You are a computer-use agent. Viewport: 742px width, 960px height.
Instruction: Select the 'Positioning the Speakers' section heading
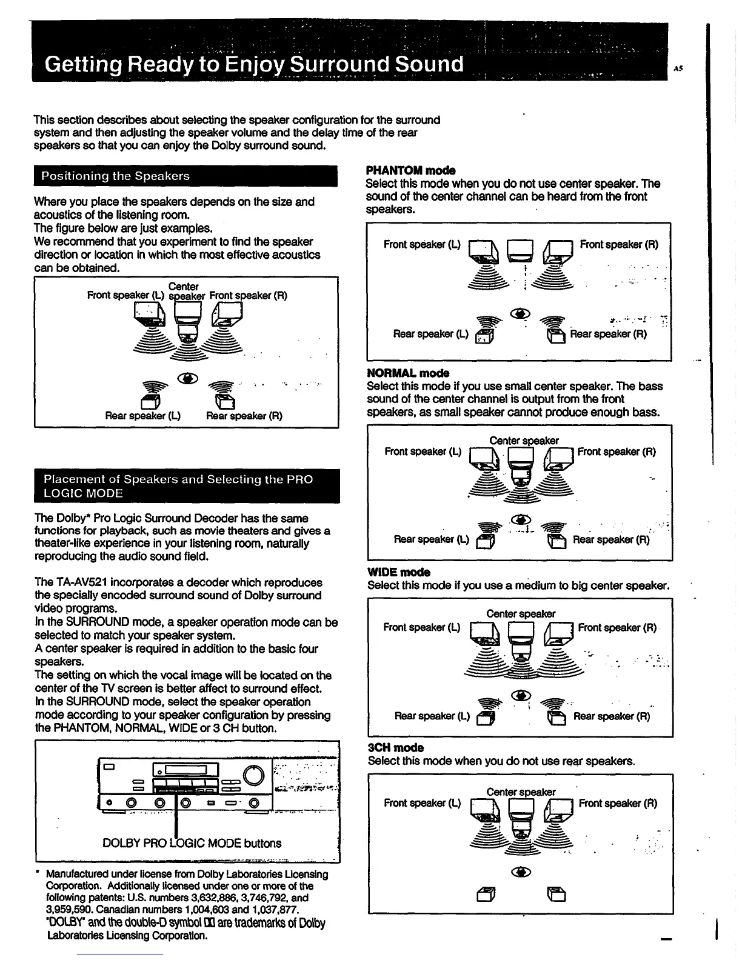coord(115,176)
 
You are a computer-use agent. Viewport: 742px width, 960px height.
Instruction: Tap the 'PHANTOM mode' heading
coord(411,170)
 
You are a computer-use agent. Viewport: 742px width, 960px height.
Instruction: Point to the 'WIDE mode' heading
coord(399,572)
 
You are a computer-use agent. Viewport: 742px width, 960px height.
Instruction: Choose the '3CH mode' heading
coord(396,747)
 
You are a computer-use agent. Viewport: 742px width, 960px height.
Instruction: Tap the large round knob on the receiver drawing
coord(254,776)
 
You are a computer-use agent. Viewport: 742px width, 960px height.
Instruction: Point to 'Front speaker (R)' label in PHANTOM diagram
coord(619,245)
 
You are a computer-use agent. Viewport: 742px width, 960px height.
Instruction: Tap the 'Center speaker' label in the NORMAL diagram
coord(524,441)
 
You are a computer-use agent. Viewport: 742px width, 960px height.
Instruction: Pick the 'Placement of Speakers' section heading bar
coord(187,486)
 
